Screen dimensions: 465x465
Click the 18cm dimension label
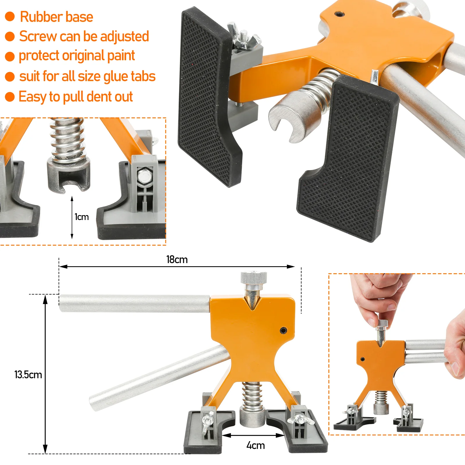pyautogui.click(x=177, y=260)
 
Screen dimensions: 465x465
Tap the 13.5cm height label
pyautogui.click(x=28, y=375)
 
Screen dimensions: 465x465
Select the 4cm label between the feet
pyautogui.click(x=255, y=445)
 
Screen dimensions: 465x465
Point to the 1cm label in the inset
pyautogui.click(x=82, y=217)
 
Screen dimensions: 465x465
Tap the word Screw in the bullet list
pyautogui.click(x=38, y=36)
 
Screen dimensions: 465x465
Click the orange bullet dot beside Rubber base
pyautogui.click(x=10, y=17)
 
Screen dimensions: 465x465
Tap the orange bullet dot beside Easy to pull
pyautogui.click(x=10, y=97)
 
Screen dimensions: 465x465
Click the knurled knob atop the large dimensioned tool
pyautogui.click(x=253, y=278)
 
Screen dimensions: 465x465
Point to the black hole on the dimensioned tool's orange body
pyautogui.click(x=283, y=330)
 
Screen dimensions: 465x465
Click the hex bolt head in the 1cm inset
pyautogui.click(x=144, y=176)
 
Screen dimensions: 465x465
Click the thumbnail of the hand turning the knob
pyautogui.click(x=397, y=354)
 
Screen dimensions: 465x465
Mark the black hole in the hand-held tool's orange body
pyautogui.click(x=363, y=360)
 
